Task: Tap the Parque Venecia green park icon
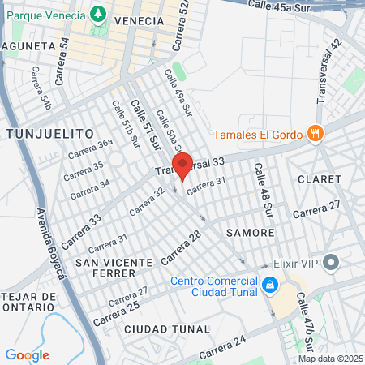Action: [x=98, y=14]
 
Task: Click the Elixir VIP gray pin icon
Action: [x=331, y=262]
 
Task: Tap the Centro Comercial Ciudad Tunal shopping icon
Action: [x=269, y=286]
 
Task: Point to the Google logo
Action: [x=27, y=355]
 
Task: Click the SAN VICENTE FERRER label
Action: [x=114, y=269]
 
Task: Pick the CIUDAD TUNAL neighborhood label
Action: [x=168, y=328]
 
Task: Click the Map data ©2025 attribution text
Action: [x=330, y=359]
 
